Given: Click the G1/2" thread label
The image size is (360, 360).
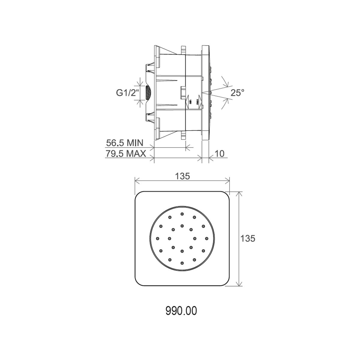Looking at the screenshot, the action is point(128,93).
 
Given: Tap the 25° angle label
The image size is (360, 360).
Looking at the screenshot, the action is point(237,93).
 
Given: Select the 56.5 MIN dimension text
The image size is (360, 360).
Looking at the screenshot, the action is point(124,143).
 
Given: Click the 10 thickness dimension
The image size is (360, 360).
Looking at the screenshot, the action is point(219,154).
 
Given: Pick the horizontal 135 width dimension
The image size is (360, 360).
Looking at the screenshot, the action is point(182,176).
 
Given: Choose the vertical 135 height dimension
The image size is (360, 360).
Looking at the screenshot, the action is point(247,238).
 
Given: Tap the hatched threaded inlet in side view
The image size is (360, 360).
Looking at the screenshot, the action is point(148,93).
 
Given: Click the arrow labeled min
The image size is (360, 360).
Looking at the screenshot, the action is point(187,101).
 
